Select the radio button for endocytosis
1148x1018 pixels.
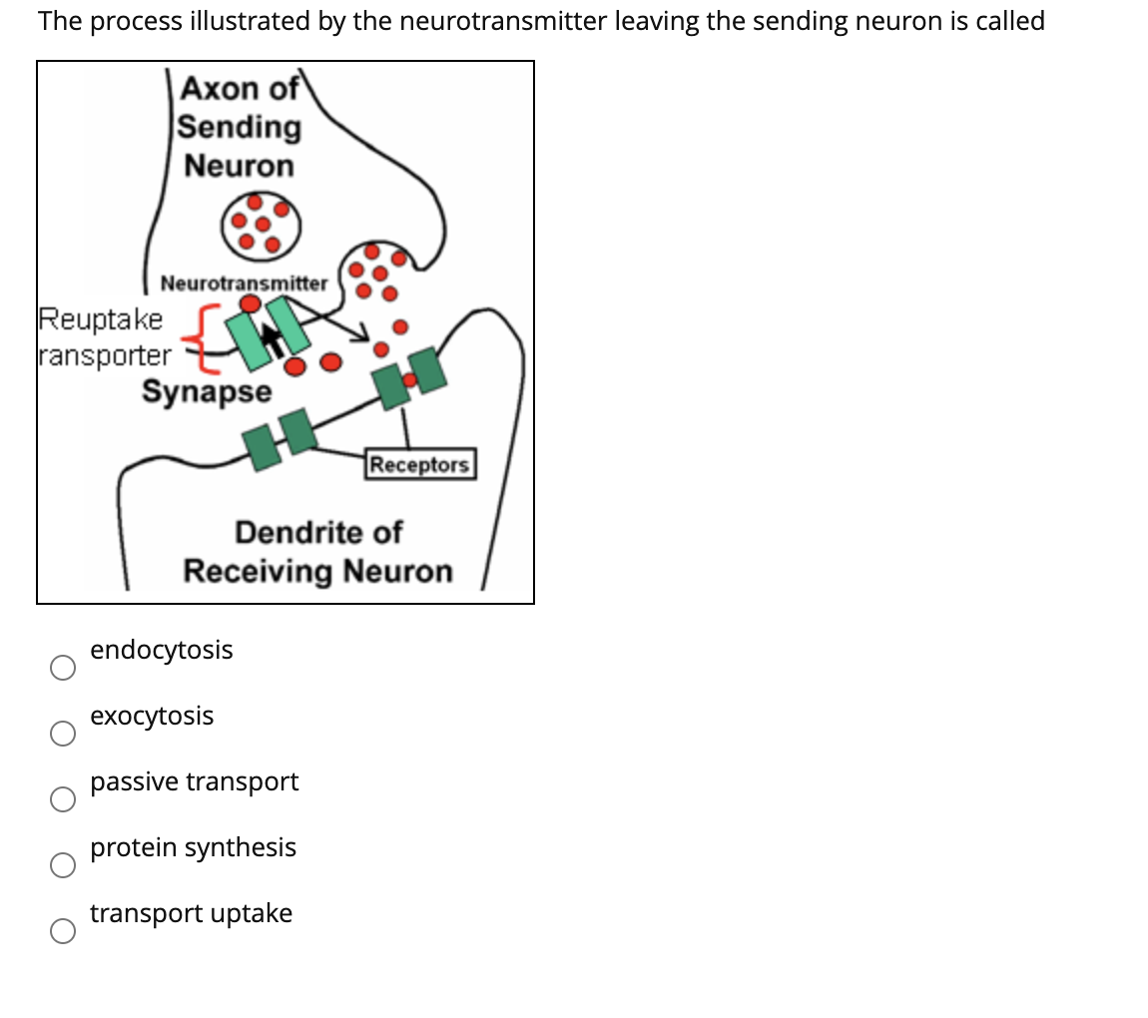pos(63,668)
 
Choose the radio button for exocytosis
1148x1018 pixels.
pos(63,734)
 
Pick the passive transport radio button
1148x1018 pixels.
pos(63,799)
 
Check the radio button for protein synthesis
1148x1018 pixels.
pos(63,865)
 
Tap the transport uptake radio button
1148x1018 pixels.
pos(63,931)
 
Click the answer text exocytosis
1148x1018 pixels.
pos(152,716)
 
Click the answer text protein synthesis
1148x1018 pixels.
pos(193,847)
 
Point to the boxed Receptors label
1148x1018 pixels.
pos(419,465)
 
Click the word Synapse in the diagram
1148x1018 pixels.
pos(206,392)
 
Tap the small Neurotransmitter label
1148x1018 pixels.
pos(244,283)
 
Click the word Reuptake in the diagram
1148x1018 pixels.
pos(100,319)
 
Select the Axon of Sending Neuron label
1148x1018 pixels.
pos(240,127)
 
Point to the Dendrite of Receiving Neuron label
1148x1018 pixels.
pos(317,552)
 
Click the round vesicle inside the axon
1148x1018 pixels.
pos(261,223)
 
